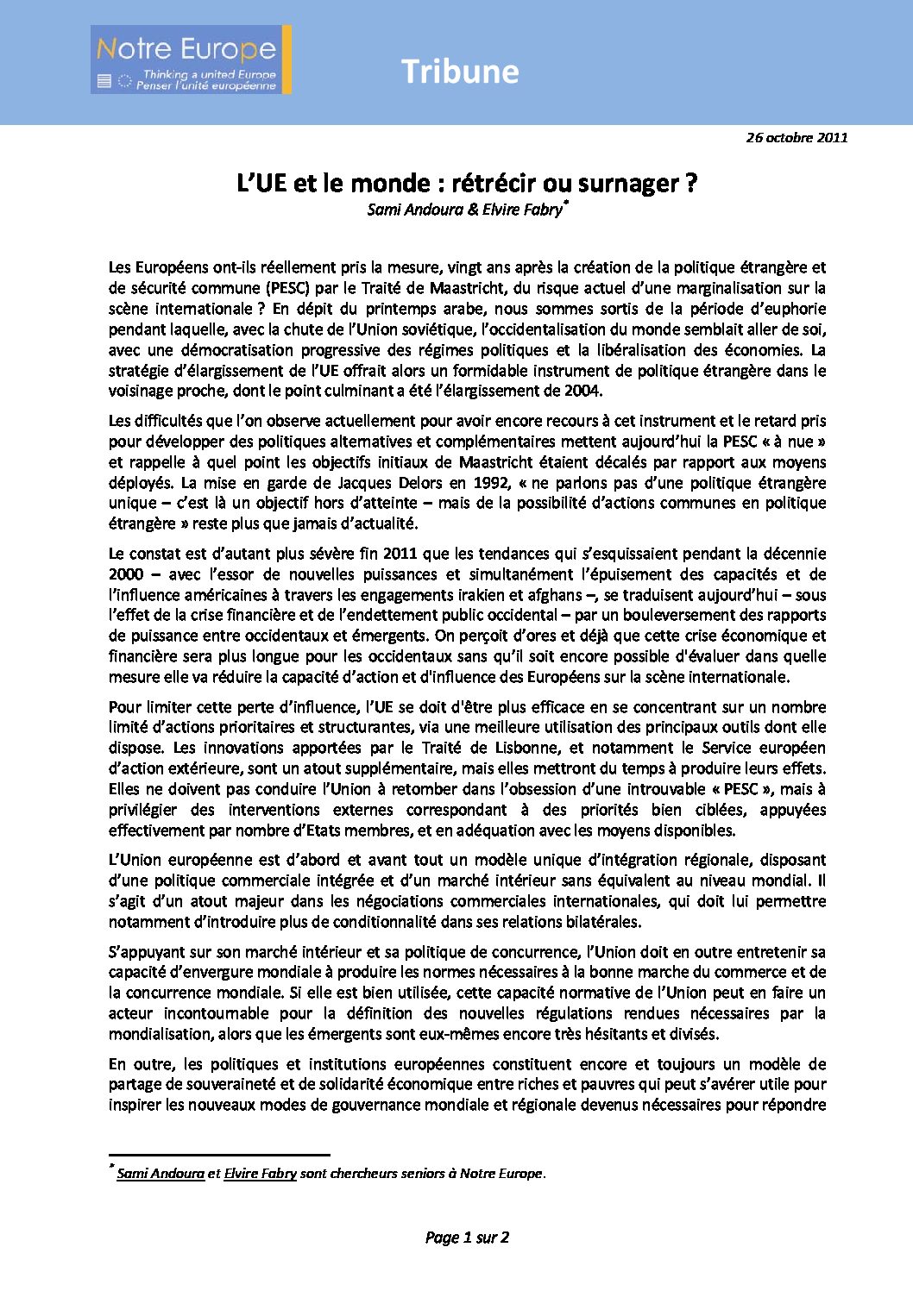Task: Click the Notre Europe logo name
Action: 186,49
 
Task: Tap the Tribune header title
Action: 460,72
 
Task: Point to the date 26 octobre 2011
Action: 797,137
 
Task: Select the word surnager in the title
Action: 635,183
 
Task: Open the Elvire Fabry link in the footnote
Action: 260,1174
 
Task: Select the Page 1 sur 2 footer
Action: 467,1238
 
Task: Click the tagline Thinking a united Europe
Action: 209,75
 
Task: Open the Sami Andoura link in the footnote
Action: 161,1174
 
